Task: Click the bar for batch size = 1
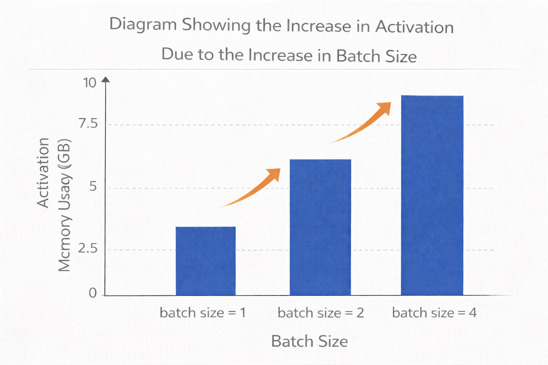205,261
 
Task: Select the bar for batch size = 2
320,227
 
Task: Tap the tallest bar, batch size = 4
432,195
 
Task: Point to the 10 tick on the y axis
90,83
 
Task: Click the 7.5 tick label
88,124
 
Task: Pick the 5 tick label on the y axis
93,186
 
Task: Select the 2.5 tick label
88,248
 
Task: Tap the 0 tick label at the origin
93,293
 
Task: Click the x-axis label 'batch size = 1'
203,313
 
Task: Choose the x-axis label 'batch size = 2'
321,313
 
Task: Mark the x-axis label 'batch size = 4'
434,313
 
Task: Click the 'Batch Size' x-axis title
309,341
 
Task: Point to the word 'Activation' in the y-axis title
43,173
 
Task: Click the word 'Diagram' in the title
143,25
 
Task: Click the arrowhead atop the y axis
106,79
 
